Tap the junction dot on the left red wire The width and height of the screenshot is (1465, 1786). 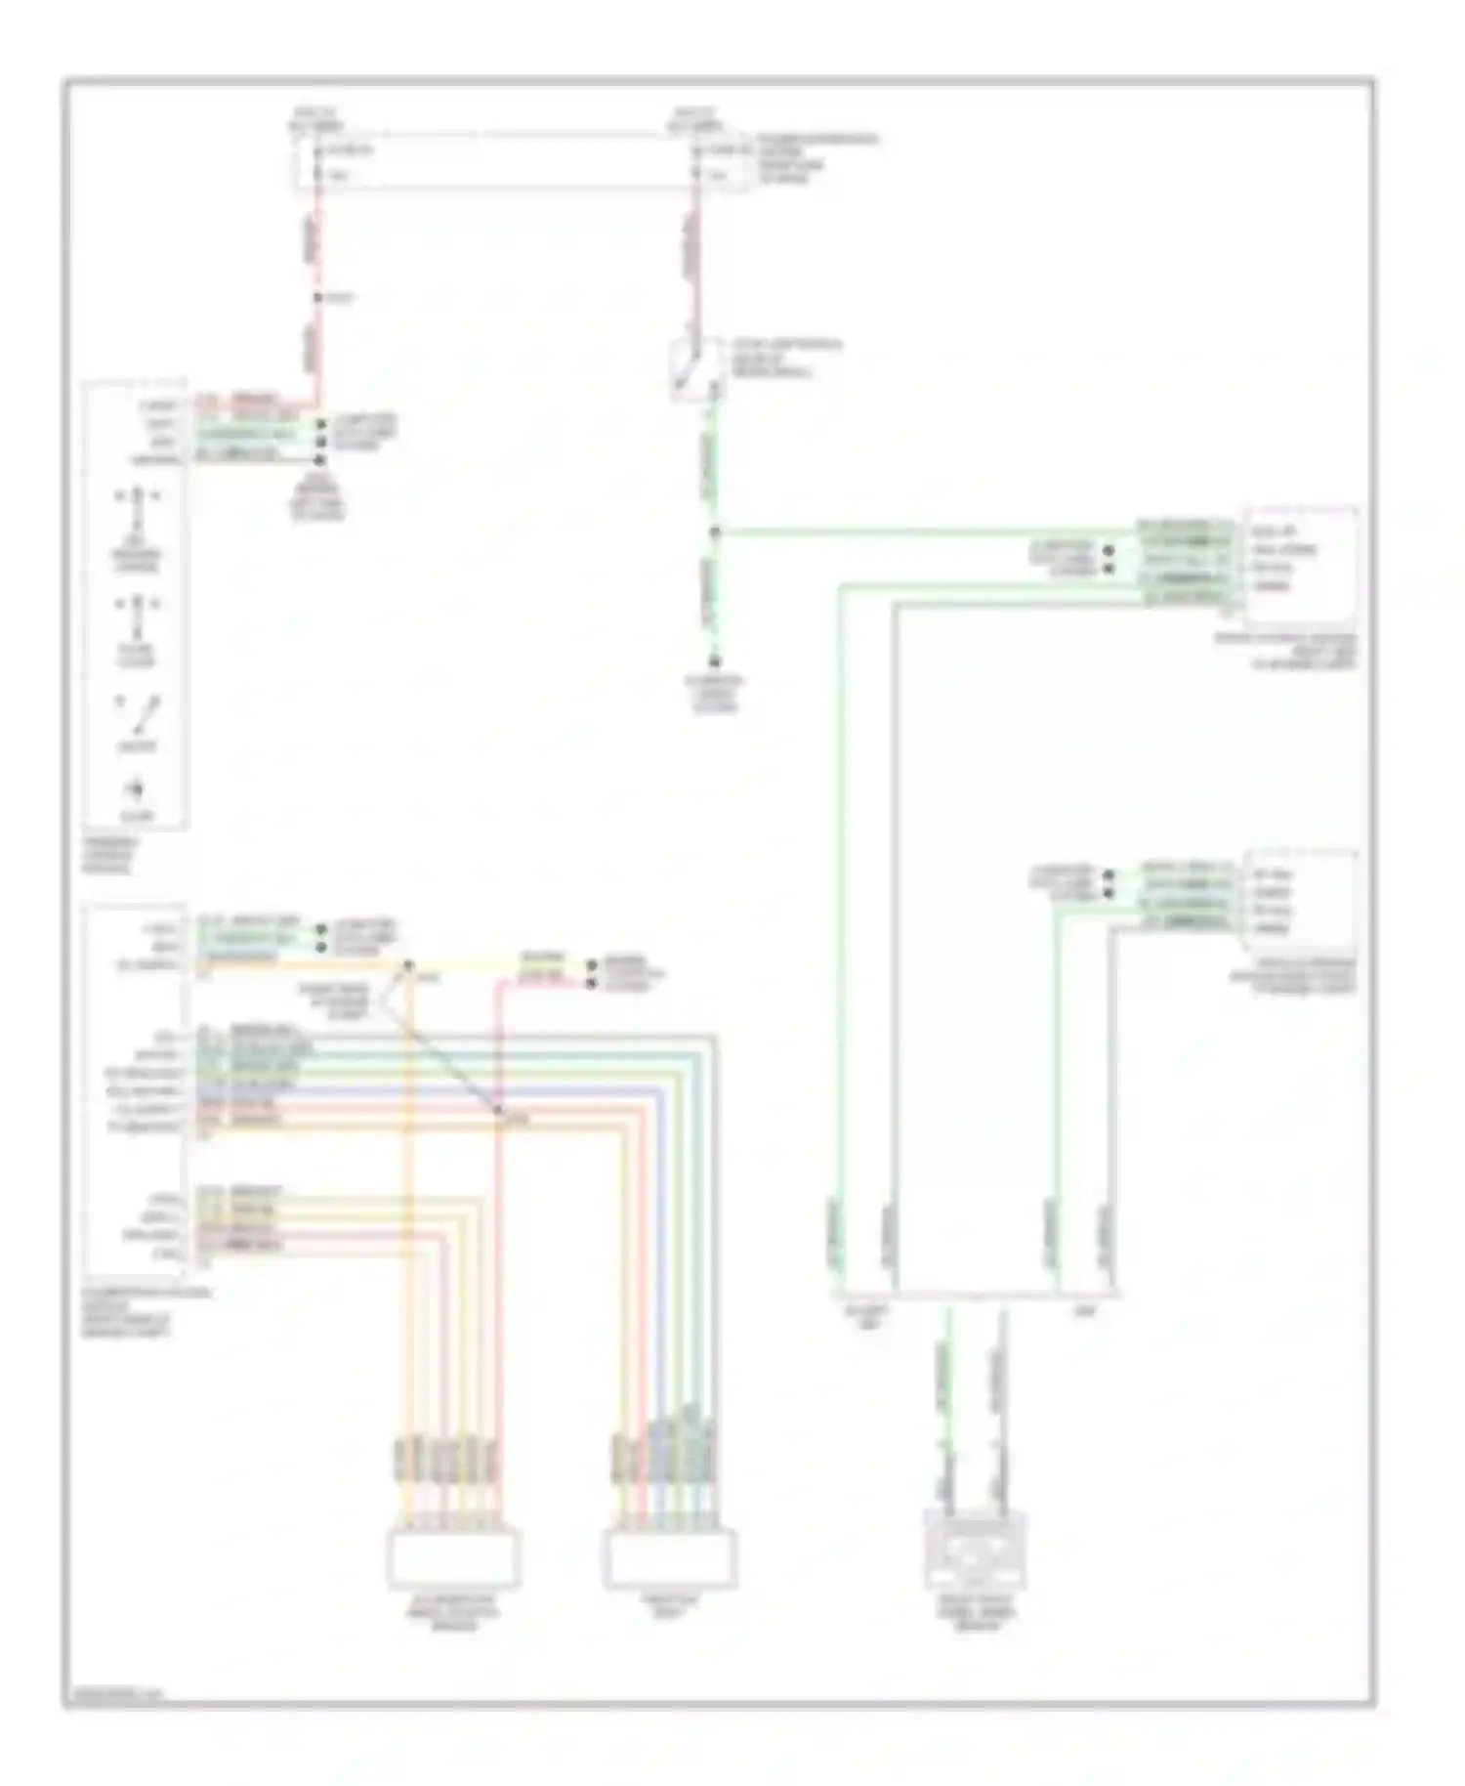point(318,298)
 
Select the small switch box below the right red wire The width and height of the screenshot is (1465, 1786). point(695,369)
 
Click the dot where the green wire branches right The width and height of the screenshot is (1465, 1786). point(715,532)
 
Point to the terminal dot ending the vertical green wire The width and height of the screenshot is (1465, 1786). point(715,661)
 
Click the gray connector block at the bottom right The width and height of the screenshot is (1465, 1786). point(975,1550)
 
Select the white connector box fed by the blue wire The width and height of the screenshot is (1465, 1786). point(669,1558)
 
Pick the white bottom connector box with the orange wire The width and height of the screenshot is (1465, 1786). point(454,1558)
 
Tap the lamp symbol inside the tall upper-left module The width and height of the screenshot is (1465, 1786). point(136,788)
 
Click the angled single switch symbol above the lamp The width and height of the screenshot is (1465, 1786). point(139,715)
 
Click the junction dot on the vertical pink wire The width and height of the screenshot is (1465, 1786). point(498,1111)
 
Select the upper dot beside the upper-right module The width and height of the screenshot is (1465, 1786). point(1109,550)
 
